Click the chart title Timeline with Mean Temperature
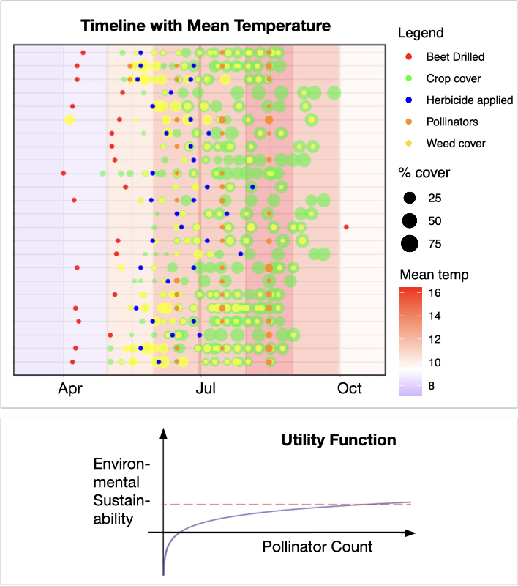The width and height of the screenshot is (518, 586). [x=206, y=26]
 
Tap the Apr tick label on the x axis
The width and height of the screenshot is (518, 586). [x=71, y=389]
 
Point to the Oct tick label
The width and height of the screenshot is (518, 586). [x=349, y=389]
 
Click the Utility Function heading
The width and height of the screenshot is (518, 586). [x=339, y=440]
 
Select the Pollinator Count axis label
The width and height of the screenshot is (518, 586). [x=317, y=546]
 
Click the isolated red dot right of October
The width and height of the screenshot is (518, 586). [x=346, y=226]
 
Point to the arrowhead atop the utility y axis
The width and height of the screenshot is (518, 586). [x=164, y=431]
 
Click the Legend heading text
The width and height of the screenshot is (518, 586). [x=421, y=33]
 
